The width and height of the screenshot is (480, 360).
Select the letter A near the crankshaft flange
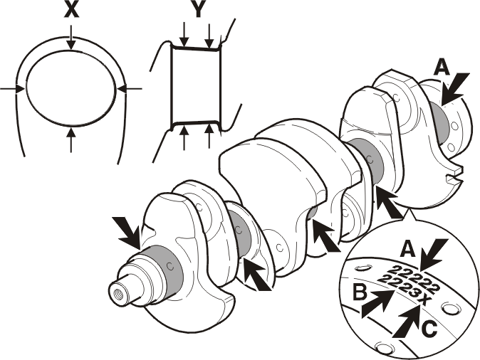(442, 68)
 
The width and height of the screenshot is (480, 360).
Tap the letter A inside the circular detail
(408, 249)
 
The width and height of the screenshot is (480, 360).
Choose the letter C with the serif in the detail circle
(429, 329)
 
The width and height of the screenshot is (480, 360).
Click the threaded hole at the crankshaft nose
(118, 295)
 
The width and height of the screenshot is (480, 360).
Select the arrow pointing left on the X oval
(130, 89)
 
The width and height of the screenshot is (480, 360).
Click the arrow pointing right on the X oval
(12, 89)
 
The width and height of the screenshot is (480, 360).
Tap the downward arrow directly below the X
(71, 37)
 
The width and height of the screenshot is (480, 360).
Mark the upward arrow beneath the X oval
(71, 140)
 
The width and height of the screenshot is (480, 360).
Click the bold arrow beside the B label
(377, 303)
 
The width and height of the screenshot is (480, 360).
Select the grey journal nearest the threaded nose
(162, 269)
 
